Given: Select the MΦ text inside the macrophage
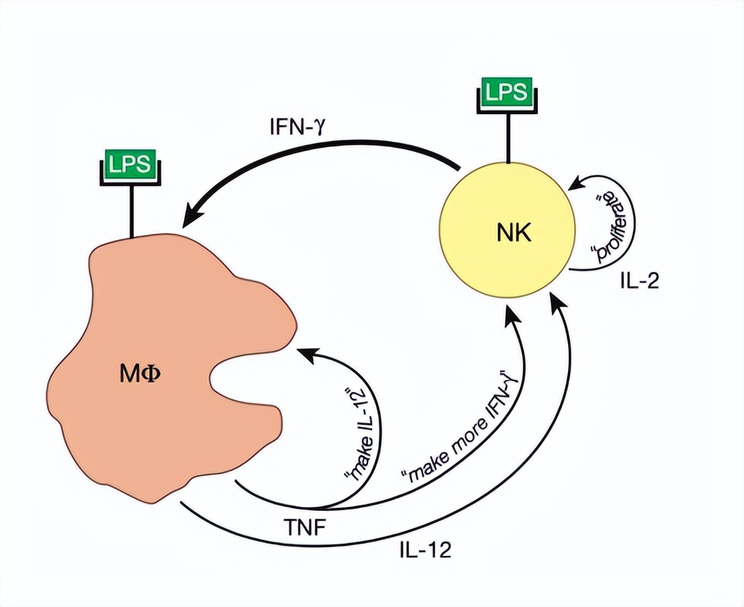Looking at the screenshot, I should [x=142, y=382].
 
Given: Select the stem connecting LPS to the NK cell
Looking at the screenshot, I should [x=508, y=138].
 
